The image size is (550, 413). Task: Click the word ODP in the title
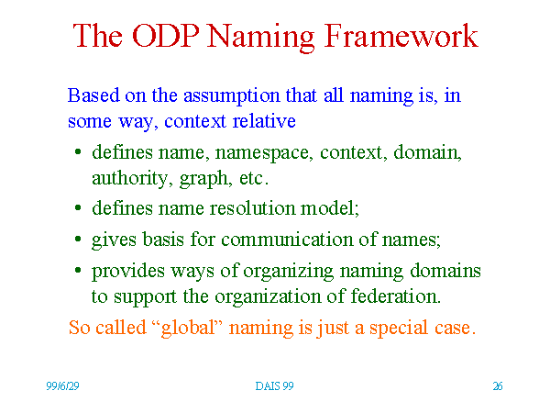coord(166,36)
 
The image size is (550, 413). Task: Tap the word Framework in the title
coord(401,36)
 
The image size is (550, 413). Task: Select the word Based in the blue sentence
coord(93,95)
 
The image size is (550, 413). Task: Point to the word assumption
coord(232,96)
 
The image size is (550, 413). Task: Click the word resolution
coord(253,208)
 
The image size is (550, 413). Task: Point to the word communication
coord(287,240)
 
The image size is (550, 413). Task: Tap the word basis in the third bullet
coord(163,240)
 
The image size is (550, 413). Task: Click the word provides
coord(128,272)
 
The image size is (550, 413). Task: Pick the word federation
coord(396,296)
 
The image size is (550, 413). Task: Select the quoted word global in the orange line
coord(188,328)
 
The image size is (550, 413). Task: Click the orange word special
coord(399,329)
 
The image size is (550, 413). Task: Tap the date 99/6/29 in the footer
coord(62,386)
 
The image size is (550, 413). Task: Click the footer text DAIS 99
coord(274,386)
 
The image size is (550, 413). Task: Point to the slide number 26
coord(498,386)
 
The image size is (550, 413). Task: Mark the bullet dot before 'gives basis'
coord(78,239)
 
